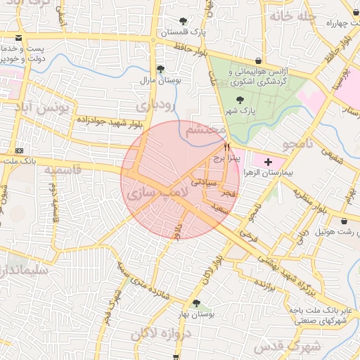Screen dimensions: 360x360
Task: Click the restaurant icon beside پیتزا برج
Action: pos(226,148)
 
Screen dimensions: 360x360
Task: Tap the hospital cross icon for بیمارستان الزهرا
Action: pos(267,162)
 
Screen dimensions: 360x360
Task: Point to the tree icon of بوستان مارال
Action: pos(161,69)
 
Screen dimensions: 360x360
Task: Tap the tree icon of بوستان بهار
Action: pos(196,304)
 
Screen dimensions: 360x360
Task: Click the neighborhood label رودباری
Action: pos(153,105)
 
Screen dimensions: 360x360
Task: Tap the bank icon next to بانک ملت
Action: pos(18,150)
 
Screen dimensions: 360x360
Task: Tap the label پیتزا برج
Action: pos(227,158)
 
